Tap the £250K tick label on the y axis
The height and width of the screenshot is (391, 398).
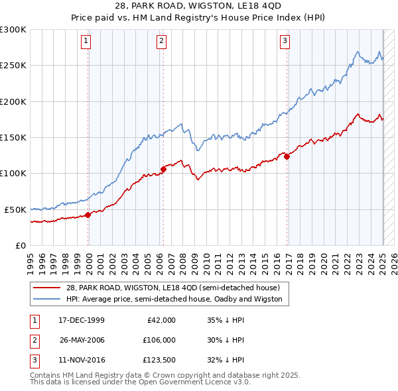pos(13,66)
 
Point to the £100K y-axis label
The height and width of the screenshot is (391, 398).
pos(13,173)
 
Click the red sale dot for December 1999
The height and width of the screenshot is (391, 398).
pos(88,215)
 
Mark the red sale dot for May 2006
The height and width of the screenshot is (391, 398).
pos(163,169)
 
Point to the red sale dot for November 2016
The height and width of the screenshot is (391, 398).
pos(287,156)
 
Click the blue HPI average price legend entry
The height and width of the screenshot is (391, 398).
pos(174,299)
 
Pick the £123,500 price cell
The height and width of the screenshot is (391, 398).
pos(157,361)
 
